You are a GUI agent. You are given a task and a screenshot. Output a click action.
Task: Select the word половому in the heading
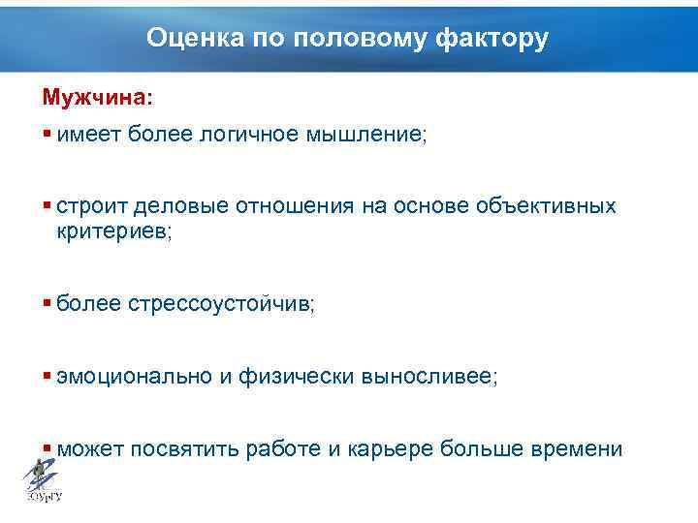click(336, 38)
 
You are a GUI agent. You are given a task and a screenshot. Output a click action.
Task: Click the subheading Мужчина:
click(97, 99)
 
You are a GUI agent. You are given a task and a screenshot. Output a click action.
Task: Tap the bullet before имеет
click(47, 135)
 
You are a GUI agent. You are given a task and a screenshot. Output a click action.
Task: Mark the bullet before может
click(47, 449)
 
